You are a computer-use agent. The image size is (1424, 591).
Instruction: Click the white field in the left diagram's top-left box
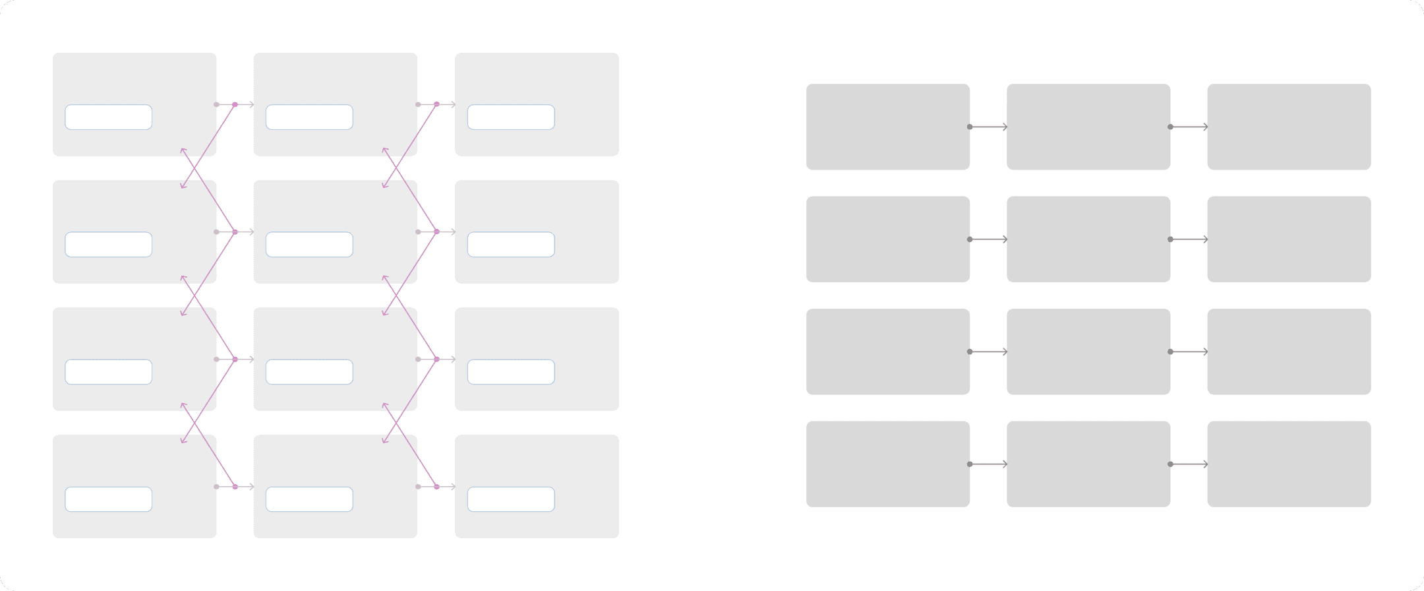(108, 117)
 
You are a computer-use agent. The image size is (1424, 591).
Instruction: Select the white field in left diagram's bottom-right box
(511, 499)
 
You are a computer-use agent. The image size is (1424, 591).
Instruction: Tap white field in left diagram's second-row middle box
(309, 245)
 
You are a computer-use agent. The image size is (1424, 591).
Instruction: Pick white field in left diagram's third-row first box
(108, 372)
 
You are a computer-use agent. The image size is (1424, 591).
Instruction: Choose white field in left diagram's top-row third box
(511, 117)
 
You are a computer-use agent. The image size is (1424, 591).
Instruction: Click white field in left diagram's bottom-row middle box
(309, 499)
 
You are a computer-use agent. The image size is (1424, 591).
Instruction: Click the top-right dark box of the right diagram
(1289, 127)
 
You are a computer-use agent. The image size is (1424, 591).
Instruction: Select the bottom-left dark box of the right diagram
(887, 464)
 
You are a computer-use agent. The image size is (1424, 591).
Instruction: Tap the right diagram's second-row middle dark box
(1088, 239)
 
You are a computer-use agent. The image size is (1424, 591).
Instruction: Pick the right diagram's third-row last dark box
(1289, 352)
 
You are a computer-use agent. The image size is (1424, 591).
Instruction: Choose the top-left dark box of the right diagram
(887, 127)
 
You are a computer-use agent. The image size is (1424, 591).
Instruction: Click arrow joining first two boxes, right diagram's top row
(989, 127)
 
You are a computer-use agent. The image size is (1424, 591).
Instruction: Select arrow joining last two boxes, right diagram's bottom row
(1190, 464)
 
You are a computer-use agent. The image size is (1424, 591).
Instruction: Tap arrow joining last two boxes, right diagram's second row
(1190, 239)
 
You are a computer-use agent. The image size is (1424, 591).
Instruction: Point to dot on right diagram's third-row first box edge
(970, 352)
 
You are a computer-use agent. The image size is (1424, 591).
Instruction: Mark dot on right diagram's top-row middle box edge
(1170, 127)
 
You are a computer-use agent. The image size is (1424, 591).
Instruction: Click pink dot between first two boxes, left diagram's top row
(235, 104)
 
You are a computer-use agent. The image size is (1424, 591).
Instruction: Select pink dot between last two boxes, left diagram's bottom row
(436, 487)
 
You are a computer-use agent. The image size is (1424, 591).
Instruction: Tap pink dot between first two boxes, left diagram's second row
(235, 232)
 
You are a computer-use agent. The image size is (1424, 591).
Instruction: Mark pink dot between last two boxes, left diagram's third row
(436, 359)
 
